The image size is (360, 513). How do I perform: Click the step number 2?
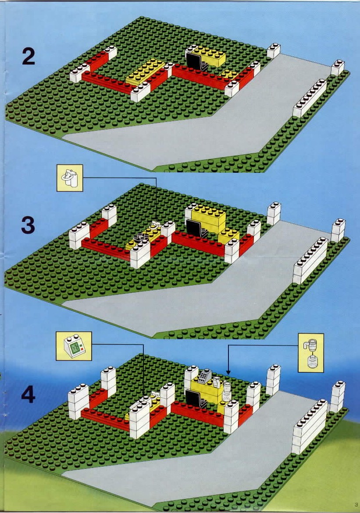[29, 56]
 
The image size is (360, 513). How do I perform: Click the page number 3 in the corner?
[356, 504]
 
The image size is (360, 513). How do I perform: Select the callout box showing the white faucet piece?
[70, 178]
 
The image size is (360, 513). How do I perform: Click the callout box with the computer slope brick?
[74, 346]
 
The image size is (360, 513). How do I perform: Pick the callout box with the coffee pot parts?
[311, 353]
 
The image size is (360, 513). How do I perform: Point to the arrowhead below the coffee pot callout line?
[228, 372]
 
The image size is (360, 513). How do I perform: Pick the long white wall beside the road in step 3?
[310, 260]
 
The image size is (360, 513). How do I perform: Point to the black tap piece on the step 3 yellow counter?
[141, 236]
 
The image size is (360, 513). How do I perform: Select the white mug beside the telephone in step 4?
[217, 382]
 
